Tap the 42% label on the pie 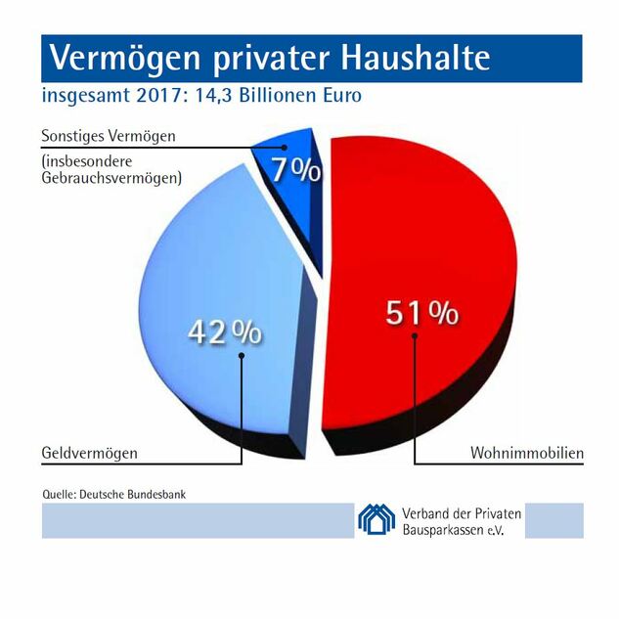pyautogui.click(x=225, y=332)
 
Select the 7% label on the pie pyautogui.click(x=295, y=171)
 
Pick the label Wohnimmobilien pyautogui.click(x=526, y=454)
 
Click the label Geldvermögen pyautogui.click(x=90, y=454)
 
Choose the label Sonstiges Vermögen pyautogui.click(x=109, y=136)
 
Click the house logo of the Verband pyautogui.click(x=376, y=517)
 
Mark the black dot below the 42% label pyautogui.click(x=242, y=356)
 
